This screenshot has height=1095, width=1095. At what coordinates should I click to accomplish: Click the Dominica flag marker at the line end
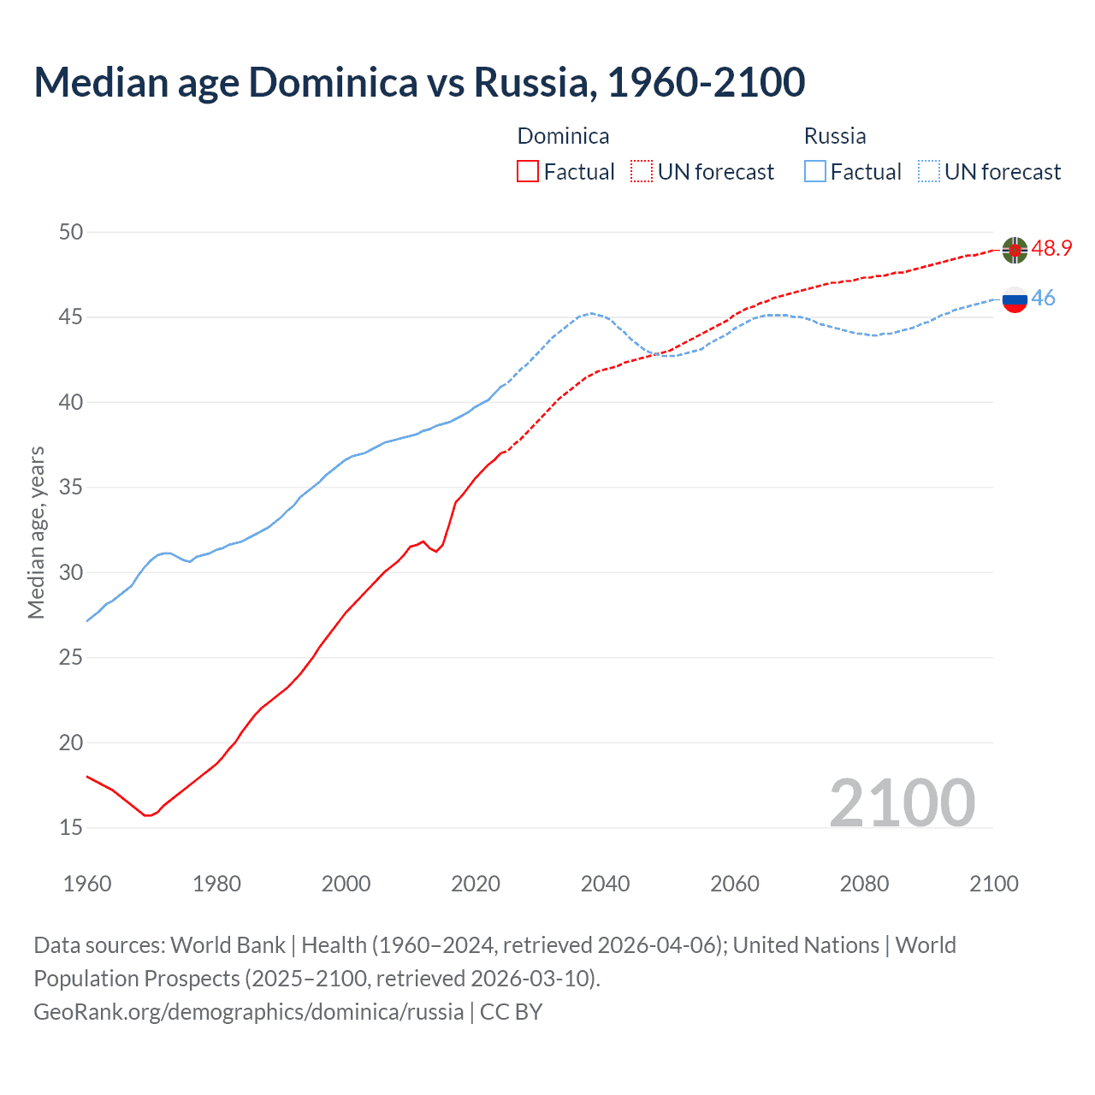(x=1015, y=250)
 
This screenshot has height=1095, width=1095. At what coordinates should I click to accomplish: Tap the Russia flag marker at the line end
(x=1015, y=299)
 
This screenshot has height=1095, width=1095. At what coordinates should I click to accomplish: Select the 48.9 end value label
(x=1051, y=249)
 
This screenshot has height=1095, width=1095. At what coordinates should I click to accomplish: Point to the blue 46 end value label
(x=1043, y=299)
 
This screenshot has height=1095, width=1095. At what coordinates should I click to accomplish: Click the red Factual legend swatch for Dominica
(x=528, y=172)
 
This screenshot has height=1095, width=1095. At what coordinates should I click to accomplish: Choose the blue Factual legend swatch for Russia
(x=814, y=172)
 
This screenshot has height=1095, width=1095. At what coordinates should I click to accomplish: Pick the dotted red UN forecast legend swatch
(x=642, y=172)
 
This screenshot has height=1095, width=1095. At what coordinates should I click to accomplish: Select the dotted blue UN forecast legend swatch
(x=928, y=172)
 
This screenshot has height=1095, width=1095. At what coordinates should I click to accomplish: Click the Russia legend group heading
(x=835, y=136)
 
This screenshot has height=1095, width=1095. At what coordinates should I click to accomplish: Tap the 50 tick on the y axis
(x=72, y=232)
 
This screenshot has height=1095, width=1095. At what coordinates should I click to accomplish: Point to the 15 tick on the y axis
(x=72, y=827)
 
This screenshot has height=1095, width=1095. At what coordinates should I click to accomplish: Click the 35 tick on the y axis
(x=72, y=488)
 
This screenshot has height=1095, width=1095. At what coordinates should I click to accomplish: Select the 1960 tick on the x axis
(x=87, y=884)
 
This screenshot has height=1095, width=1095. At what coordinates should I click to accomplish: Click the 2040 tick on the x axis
(x=605, y=884)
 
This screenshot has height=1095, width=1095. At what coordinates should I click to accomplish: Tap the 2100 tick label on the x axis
(x=993, y=884)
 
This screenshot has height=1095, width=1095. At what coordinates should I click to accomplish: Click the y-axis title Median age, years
(x=36, y=532)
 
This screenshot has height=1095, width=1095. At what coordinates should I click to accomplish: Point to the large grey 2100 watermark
(x=902, y=802)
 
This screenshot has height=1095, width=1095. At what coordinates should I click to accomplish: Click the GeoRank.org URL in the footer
(x=248, y=1012)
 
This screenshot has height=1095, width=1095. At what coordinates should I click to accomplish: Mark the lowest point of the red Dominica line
(x=147, y=815)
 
